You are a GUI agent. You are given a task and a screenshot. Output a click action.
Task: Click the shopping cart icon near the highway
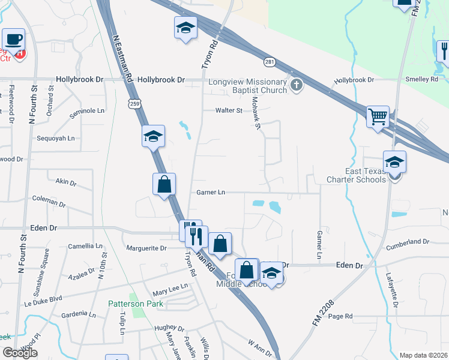(378, 116)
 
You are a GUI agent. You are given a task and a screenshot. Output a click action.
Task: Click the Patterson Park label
(136, 304)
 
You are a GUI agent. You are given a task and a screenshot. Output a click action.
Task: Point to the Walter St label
(229, 110)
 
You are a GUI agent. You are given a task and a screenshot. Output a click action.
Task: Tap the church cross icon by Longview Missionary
(295, 85)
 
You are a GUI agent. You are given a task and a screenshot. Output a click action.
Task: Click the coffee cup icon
(13, 40)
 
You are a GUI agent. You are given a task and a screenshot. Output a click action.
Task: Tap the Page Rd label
(340, 316)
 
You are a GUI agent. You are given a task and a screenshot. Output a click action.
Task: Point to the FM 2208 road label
(322, 314)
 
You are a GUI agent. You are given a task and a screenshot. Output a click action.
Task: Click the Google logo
(19, 353)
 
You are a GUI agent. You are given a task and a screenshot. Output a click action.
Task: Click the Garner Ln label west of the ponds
(210, 193)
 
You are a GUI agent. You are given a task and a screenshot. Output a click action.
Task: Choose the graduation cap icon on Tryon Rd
(185, 28)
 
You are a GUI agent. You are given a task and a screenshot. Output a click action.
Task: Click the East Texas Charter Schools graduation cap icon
(394, 162)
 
